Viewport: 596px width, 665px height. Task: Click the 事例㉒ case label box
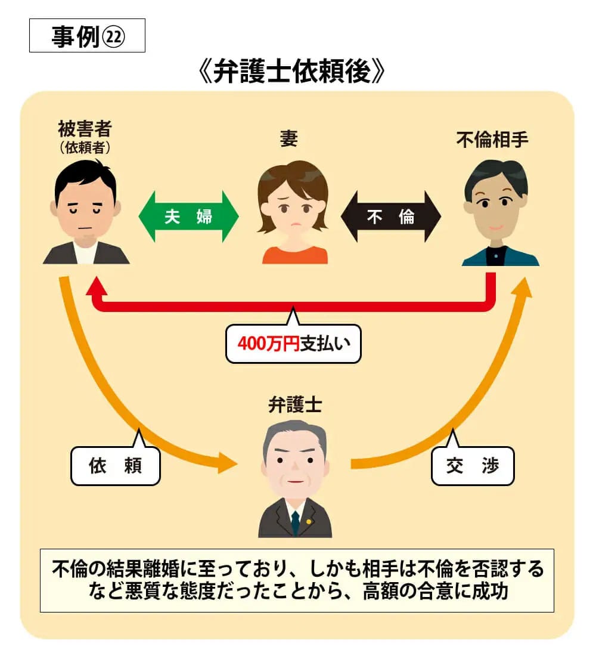coord(87,37)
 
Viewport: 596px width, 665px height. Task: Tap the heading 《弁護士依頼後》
coord(292,73)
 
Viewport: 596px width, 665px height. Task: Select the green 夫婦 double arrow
coord(188,216)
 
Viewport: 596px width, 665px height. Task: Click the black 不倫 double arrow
coord(390,216)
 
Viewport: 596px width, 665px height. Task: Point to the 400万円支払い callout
coord(293,344)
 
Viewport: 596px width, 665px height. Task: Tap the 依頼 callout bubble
coord(116,466)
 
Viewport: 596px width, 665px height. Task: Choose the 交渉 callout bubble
coord(472,466)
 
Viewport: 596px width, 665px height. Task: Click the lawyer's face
coord(295,462)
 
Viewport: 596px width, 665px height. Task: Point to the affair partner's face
coord(495,206)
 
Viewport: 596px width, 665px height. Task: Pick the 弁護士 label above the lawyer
coord(295,406)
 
